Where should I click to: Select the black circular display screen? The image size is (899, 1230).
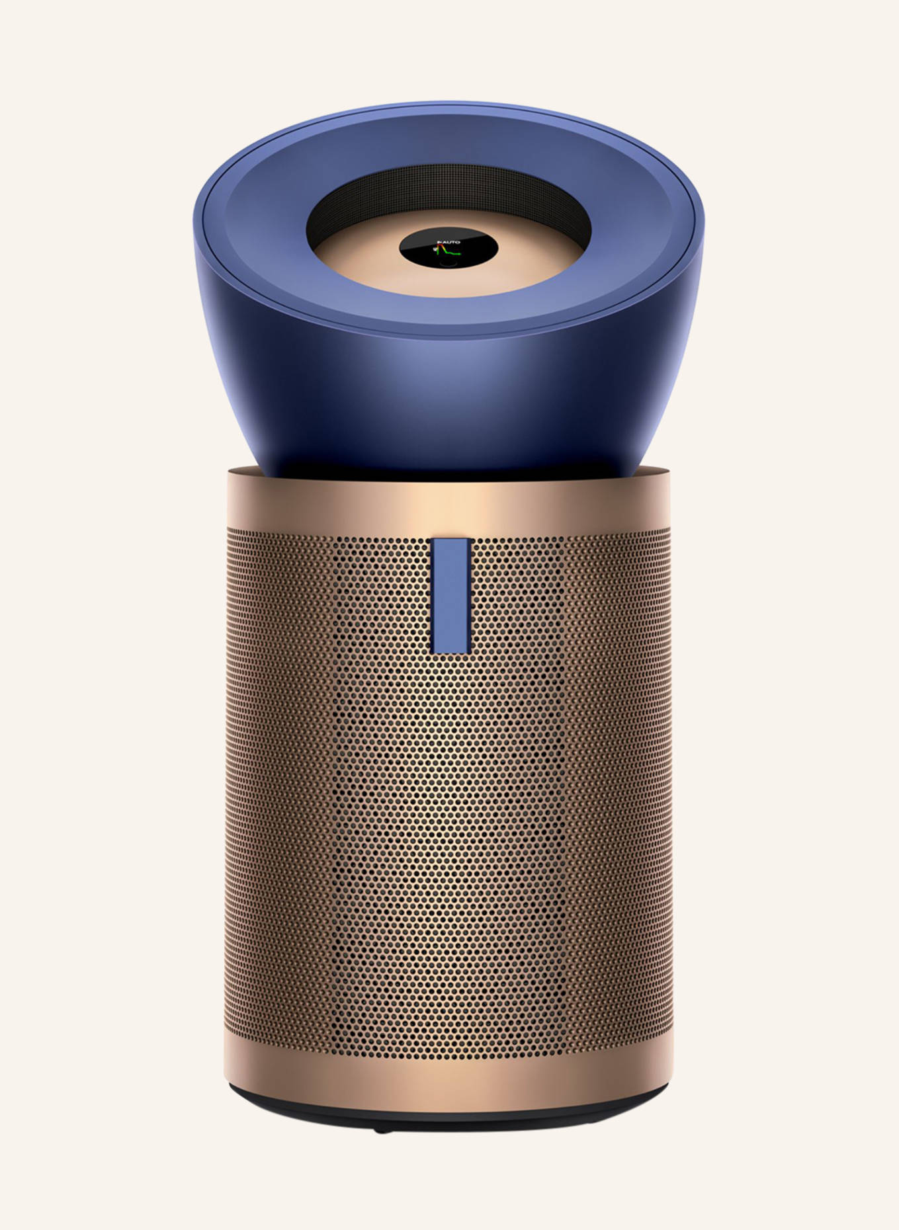pos(449,250)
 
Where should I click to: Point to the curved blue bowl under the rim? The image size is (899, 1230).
pos(450,390)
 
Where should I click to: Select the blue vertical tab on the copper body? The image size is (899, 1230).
pos(450,595)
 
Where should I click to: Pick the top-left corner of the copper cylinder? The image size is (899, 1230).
pos(228,471)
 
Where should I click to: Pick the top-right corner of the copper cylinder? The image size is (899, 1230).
pos(671,471)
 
